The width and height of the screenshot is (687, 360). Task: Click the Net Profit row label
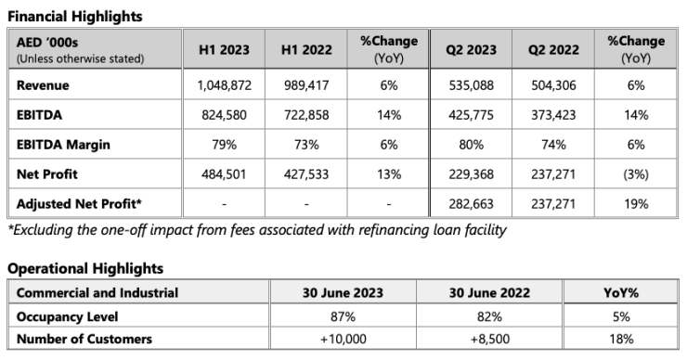click(x=47, y=174)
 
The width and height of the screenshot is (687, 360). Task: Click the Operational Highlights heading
click(x=84, y=268)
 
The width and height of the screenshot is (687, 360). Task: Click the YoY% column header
click(x=624, y=293)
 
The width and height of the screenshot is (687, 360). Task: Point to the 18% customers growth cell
click(x=624, y=338)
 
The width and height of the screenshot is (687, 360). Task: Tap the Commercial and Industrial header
click(x=97, y=293)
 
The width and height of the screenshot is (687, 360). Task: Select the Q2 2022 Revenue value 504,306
click(x=557, y=86)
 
